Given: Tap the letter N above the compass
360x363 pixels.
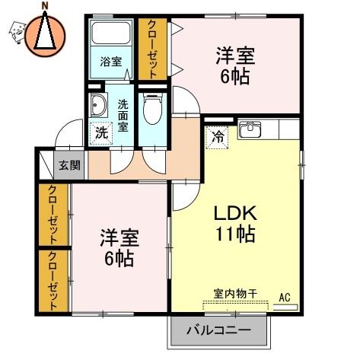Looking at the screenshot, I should [45, 6].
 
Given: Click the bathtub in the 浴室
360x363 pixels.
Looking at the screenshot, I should [110, 36].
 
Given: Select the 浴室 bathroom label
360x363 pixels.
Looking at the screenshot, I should [111, 62].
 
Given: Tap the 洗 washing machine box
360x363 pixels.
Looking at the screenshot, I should [101, 131].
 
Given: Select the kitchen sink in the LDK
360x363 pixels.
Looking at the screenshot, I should [250, 130].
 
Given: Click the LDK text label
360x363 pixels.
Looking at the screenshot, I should [234, 212].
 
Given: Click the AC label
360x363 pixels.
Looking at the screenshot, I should [285, 297].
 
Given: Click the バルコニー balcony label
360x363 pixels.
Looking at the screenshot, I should [220, 332].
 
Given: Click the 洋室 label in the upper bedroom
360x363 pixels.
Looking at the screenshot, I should [235, 55].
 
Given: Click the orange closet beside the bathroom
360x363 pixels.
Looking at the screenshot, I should [152, 49].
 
